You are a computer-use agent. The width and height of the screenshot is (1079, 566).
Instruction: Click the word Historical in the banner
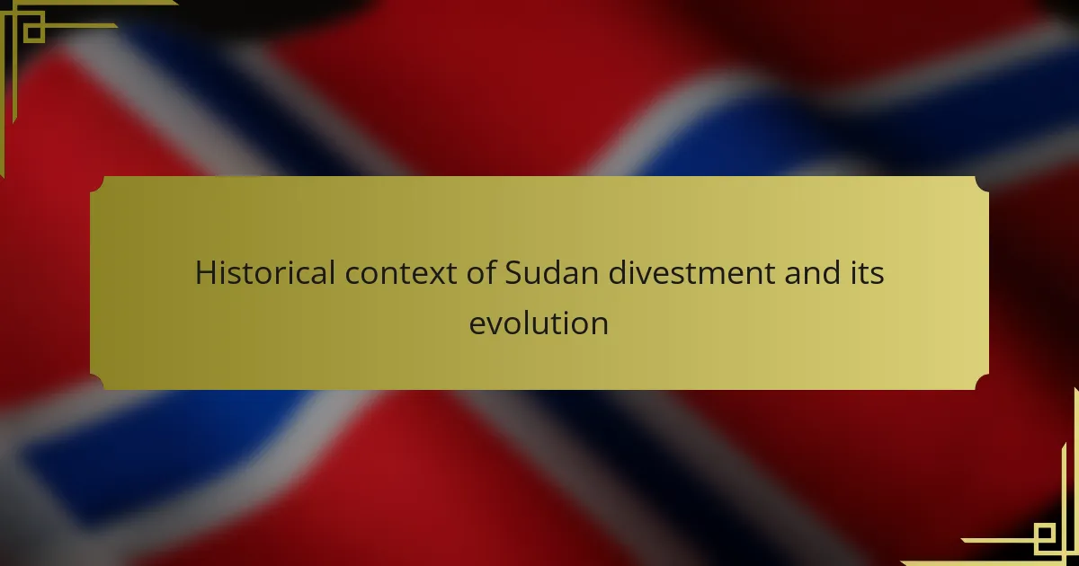265,272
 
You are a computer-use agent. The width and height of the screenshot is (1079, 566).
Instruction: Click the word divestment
691,272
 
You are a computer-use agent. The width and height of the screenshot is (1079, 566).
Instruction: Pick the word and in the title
812,272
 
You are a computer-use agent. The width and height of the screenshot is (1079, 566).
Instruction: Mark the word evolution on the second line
539,323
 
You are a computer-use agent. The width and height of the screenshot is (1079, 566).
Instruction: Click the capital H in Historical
205,273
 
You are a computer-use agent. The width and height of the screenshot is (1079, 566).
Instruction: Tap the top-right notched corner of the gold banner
982,184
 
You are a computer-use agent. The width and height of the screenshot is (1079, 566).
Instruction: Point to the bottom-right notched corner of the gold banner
982,382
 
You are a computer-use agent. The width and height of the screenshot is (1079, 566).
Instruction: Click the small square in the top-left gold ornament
34,32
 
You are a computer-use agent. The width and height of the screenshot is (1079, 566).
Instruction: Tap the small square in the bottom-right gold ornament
1044,534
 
